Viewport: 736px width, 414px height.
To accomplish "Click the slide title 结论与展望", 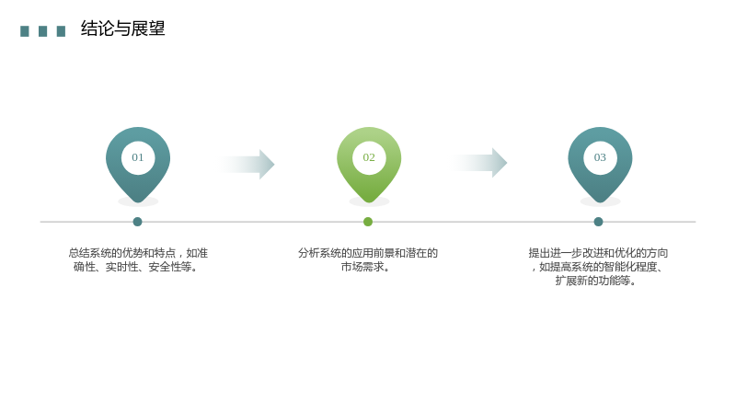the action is point(123,29).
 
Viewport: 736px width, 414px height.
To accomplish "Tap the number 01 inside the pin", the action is point(137,157).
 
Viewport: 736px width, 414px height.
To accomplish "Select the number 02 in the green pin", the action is point(369,157).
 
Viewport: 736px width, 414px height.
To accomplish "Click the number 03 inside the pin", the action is point(600,157).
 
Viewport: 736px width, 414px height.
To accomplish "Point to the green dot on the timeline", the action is point(368,222).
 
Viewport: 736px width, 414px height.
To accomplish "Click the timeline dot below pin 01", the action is point(137,222).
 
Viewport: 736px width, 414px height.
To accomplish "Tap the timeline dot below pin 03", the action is point(598,222).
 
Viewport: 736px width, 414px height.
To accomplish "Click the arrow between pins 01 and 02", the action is point(246,165).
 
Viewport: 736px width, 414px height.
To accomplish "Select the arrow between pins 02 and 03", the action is point(478,163).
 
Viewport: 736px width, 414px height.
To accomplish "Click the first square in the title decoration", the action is point(25,31).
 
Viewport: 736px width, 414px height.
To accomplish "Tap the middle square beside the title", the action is point(42,31).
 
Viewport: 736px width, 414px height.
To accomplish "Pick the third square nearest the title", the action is point(61,31).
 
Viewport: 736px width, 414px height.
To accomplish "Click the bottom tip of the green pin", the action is point(369,202).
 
